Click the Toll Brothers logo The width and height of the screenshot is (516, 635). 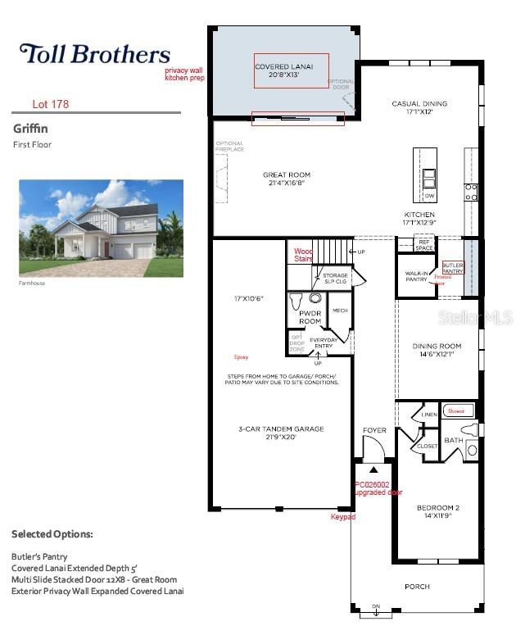tap(94, 55)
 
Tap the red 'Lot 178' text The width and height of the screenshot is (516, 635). tap(50, 104)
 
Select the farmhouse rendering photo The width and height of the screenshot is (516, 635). tap(101, 228)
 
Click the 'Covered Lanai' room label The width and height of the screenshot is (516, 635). tap(282, 70)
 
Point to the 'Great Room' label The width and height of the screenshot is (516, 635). tap(287, 179)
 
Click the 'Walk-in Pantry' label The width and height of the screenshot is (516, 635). tap(417, 275)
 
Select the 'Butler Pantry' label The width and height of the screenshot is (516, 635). tap(453, 269)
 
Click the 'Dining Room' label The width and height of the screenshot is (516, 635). tap(437, 350)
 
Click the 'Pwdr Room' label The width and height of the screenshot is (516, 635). tap(310, 318)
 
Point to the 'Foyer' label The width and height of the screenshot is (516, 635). tap(374, 430)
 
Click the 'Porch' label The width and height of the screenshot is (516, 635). tap(417, 587)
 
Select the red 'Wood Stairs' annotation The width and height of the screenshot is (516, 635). tap(304, 255)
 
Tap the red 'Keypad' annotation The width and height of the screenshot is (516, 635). tap(342, 517)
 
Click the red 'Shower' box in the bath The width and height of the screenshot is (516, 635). tap(455, 411)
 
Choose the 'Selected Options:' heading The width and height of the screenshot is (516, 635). tap(52, 534)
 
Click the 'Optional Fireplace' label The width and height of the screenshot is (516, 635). tap(230, 147)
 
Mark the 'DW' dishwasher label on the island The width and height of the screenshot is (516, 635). tap(429, 197)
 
